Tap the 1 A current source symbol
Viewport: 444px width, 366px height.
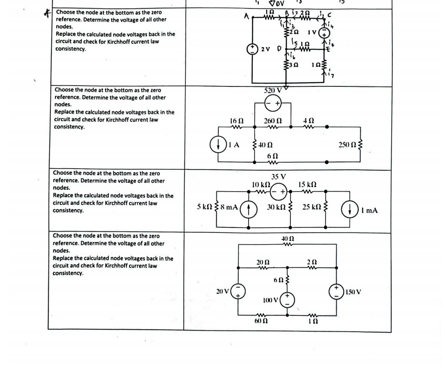pyautogui.click(x=218, y=145)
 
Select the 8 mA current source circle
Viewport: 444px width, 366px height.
pyautogui.click(x=249, y=207)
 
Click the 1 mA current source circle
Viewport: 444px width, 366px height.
pyautogui.click(x=349, y=210)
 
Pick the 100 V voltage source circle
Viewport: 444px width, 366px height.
pyautogui.click(x=287, y=299)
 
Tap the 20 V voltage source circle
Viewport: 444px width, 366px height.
pyautogui.click(x=239, y=291)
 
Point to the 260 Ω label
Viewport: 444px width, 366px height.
pyautogui.click(x=273, y=121)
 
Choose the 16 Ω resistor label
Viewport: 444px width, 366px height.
pyautogui.click(x=237, y=121)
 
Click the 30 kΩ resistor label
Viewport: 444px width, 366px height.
pyautogui.click(x=276, y=207)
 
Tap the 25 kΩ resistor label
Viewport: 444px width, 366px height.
pyautogui.click(x=311, y=207)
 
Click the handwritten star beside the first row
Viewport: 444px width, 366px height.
pyautogui.click(x=47, y=13)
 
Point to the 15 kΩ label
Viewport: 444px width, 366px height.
pyautogui.click(x=307, y=184)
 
